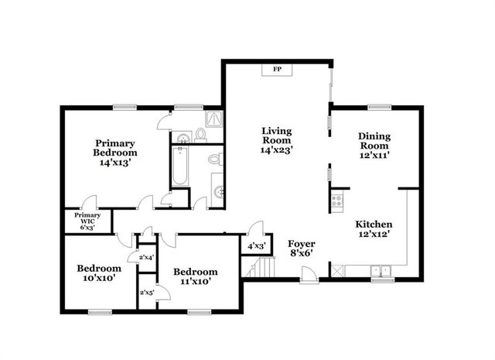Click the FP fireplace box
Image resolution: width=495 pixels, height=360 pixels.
tap(275, 70)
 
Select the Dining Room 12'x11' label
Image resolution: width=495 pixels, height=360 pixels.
tap(374, 146)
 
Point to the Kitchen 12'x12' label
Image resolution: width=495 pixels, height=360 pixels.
tap(374, 230)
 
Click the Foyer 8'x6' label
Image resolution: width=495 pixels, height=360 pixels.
tap(302, 248)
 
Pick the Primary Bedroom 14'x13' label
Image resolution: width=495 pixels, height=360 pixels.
tap(115, 153)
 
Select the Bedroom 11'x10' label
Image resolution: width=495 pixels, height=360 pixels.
tap(195, 276)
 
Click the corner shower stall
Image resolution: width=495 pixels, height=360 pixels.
tap(214, 119)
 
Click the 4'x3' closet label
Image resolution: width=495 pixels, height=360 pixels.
tap(255, 246)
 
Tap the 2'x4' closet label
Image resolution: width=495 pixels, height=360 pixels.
tap(146, 257)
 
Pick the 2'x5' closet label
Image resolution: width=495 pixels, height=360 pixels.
tap(145, 293)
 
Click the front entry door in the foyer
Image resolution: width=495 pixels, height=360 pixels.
tap(307, 273)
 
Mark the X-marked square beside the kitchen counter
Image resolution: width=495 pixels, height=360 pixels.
tap(337, 270)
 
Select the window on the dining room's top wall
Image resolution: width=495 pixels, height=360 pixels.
tap(378, 108)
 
